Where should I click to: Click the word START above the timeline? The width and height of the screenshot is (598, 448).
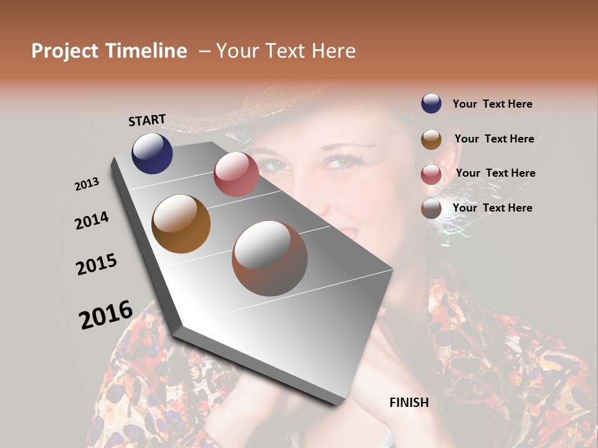click(x=147, y=120)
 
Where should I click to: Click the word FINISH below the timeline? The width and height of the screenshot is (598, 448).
click(x=409, y=403)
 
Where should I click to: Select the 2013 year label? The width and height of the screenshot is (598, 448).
click(x=87, y=184)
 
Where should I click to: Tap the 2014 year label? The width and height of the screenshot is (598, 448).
click(x=92, y=221)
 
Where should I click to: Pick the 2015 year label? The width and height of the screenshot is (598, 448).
click(x=97, y=264)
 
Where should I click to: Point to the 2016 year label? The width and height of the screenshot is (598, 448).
click(x=106, y=314)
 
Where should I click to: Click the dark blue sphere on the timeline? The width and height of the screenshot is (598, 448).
click(x=152, y=153)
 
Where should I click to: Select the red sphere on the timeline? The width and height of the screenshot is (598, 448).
click(x=236, y=174)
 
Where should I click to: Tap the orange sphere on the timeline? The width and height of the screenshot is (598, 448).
click(x=181, y=224)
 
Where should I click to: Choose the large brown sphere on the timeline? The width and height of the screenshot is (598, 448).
click(x=270, y=258)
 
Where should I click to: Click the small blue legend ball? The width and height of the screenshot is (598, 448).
click(x=431, y=103)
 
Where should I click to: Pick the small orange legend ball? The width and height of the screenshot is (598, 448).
click(x=431, y=139)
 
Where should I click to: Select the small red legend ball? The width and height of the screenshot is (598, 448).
click(x=431, y=174)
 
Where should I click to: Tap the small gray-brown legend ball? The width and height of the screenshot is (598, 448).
click(x=431, y=208)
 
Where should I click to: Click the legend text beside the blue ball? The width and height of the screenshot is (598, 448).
click(x=492, y=104)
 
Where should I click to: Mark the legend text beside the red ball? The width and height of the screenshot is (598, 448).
click(x=495, y=173)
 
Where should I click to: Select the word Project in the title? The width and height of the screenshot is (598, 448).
click(x=65, y=51)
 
